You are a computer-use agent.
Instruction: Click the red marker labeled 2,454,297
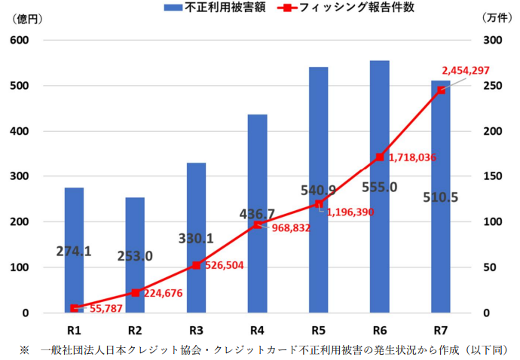tap(442, 90)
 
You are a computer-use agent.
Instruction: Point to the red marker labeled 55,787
tap(74, 308)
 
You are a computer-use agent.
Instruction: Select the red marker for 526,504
tap(196, 265)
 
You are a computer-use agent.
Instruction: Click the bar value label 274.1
tap(74, 252)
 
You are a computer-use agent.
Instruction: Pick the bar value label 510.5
tap(440, 198)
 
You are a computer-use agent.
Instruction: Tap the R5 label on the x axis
tap(318, 329)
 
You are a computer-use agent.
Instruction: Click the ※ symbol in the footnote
tap(24, 349)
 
